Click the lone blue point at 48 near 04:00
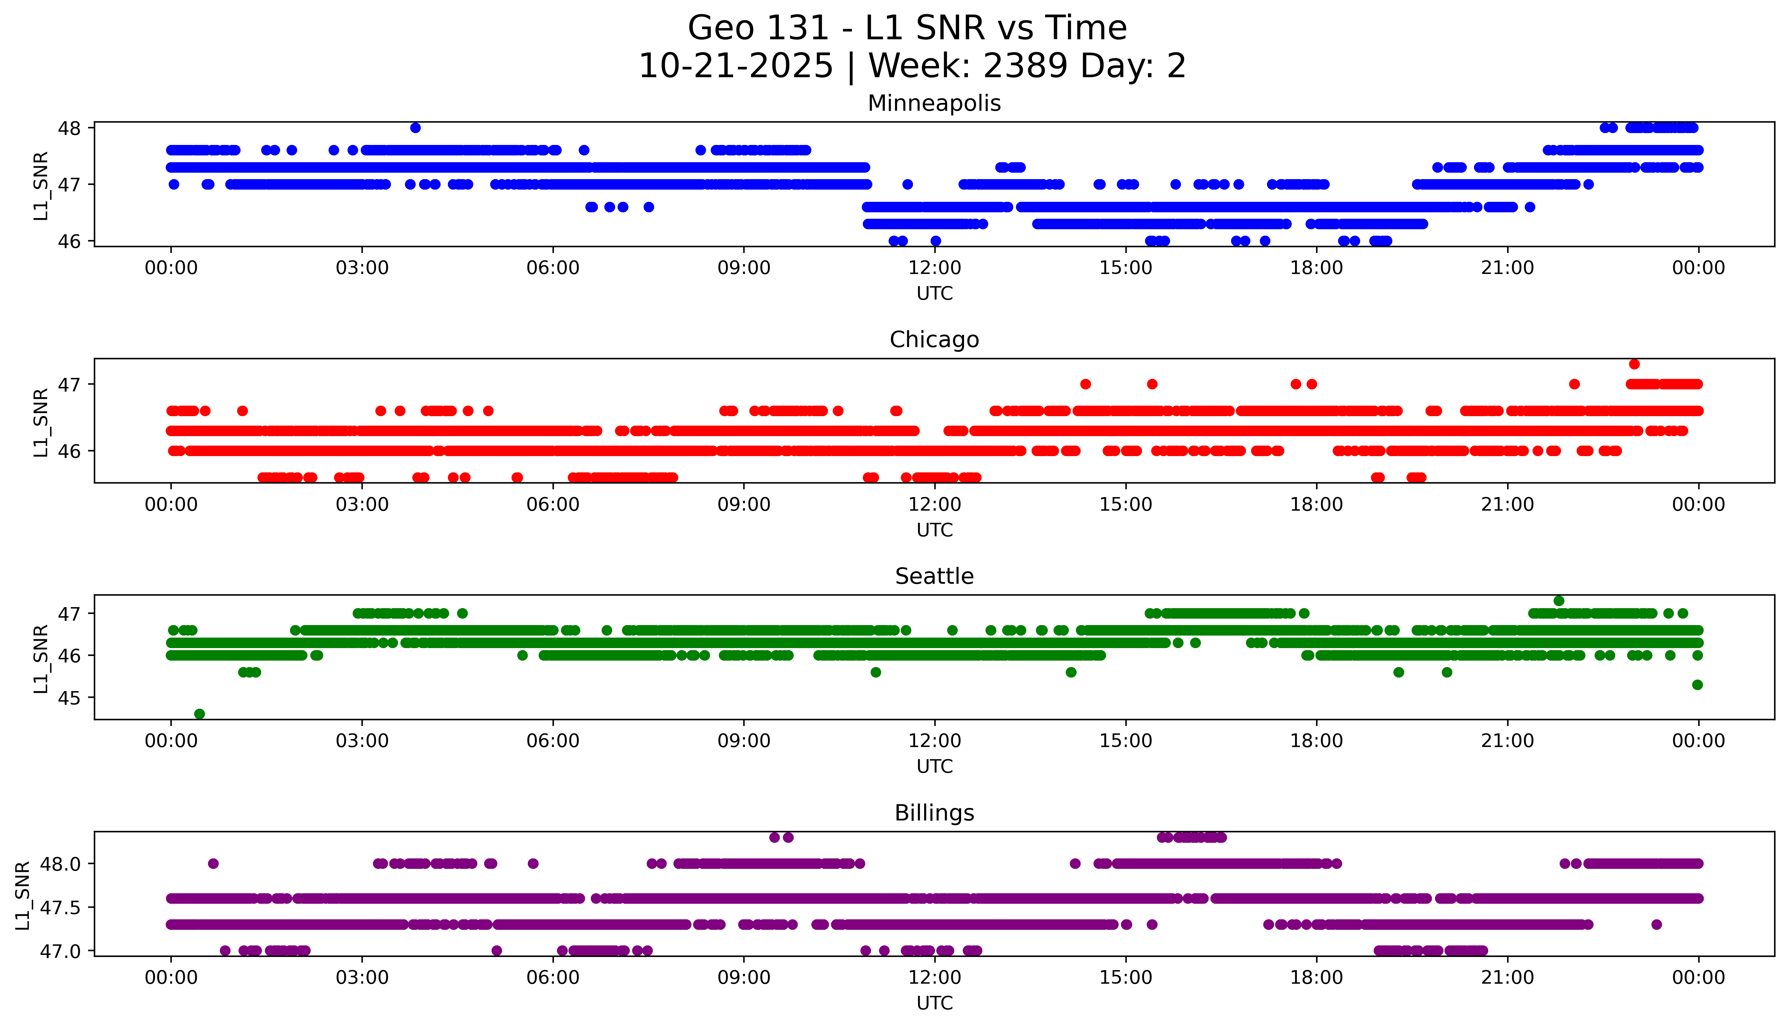click(x=416, y=128)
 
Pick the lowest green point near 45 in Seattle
click(x=200, y=714)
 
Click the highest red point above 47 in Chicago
click(x=1634, y=364)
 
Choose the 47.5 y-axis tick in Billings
click(x=55, y=907)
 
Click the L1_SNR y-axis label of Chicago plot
click(x=41, y=422)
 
